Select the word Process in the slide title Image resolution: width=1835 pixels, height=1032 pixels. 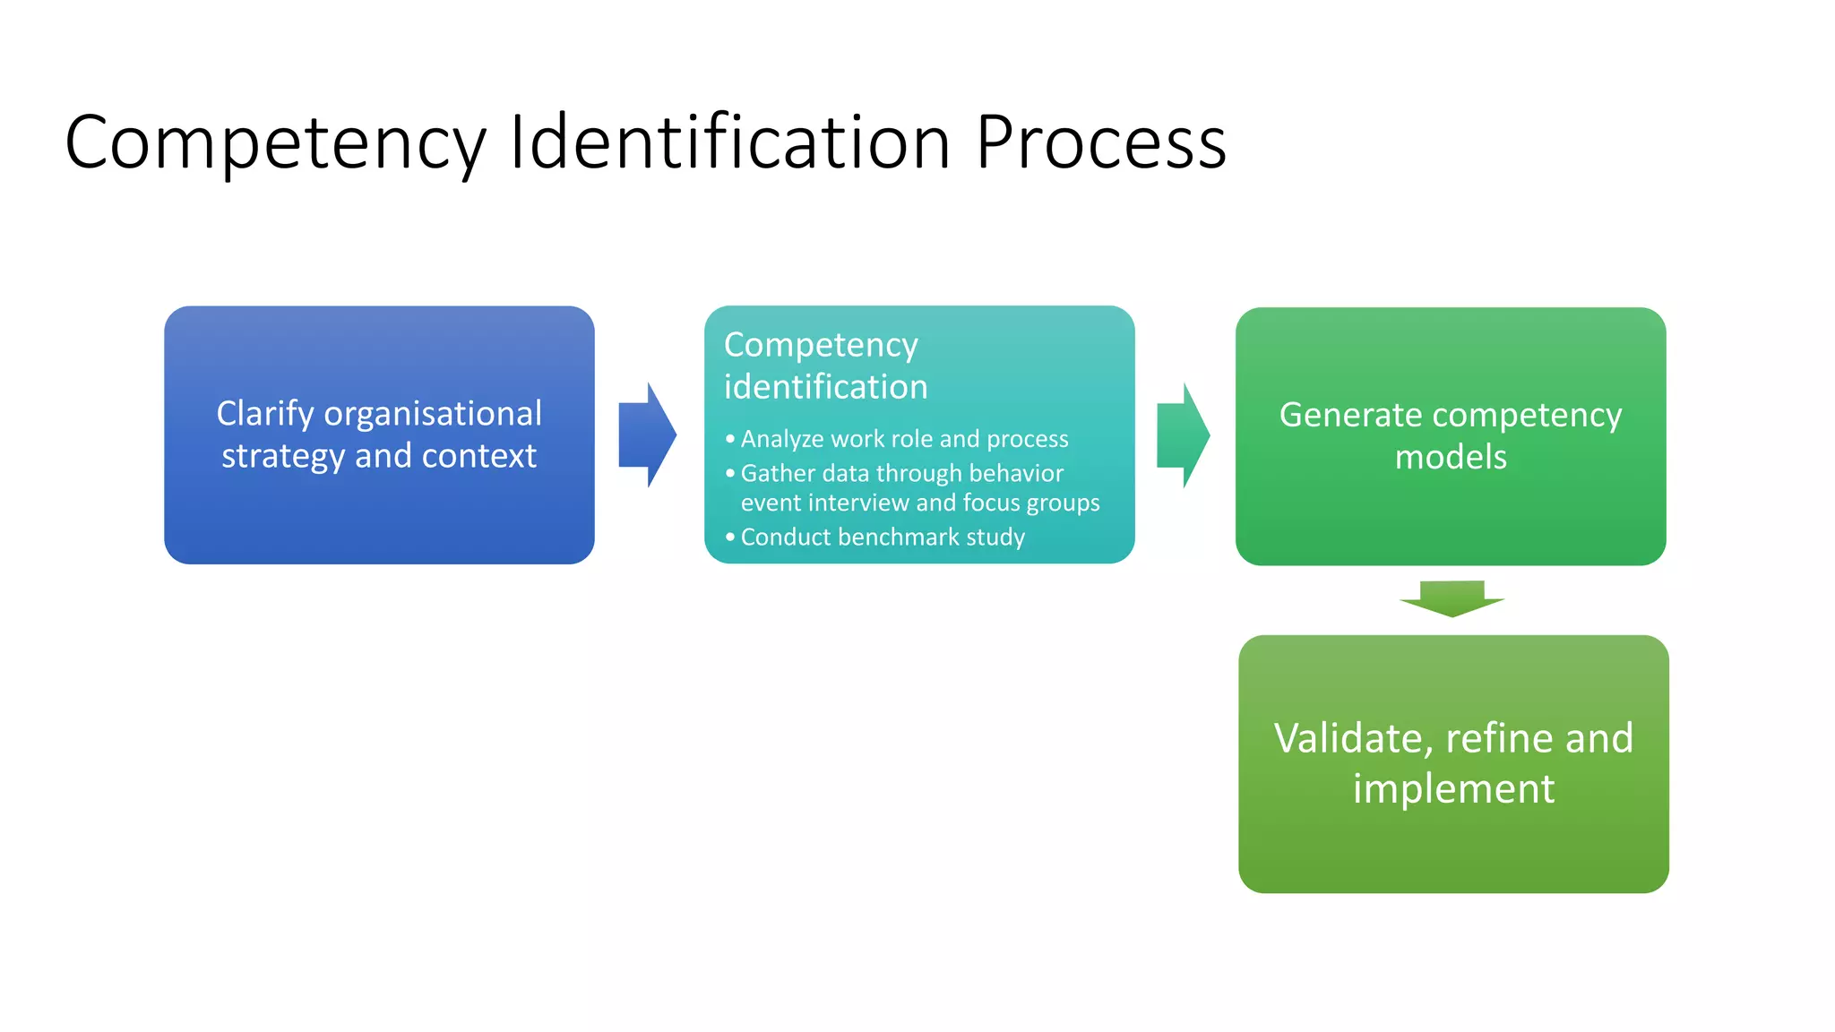[1100, 143]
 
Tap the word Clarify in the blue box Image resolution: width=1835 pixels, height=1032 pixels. [265, 415]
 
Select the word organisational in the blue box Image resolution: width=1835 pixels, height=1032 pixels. [433, 414]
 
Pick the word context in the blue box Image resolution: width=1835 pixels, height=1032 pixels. [479, 456]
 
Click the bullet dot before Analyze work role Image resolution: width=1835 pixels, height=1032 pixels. [730, 439]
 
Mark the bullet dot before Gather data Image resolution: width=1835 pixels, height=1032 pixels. [730, 473]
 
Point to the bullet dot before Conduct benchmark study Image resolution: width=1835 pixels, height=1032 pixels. [730, 537]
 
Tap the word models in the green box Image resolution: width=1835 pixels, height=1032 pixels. [1451, 458]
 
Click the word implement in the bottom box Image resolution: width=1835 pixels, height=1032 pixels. [1453, 789]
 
